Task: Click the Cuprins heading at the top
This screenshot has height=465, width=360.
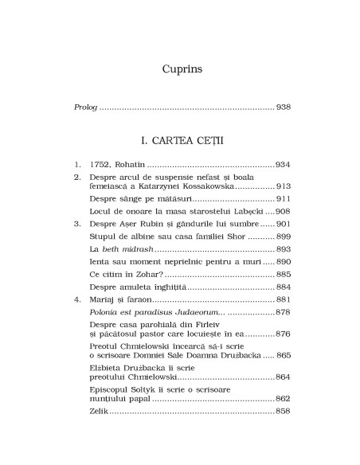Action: pos(179,68)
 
